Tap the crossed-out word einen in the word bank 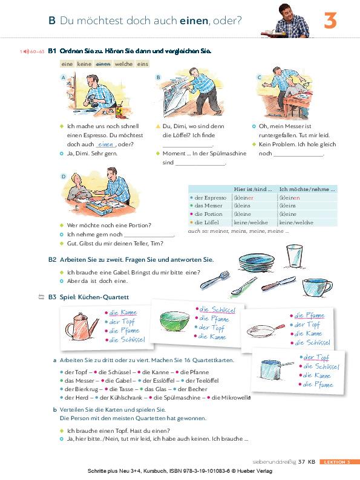click(104, 63)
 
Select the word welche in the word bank click(123, 63)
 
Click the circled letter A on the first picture click(64, 78)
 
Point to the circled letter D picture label click(64, 177)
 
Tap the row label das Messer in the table click(209, 206)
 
